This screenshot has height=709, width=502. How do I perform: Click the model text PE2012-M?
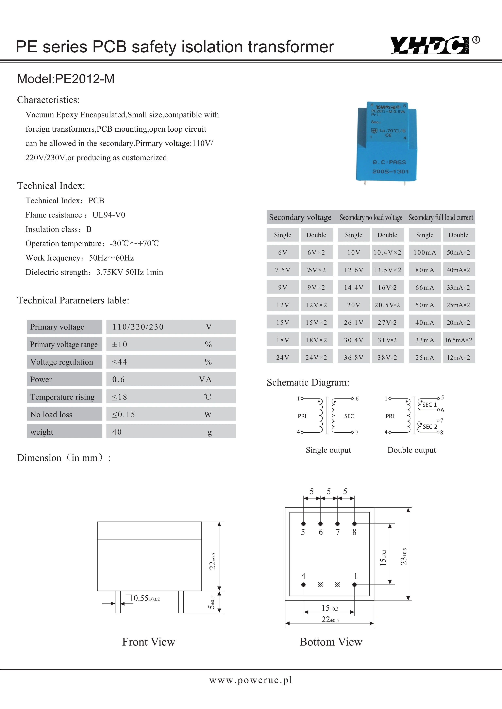tap(66, 79)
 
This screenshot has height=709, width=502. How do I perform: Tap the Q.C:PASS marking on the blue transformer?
tap(389, 162)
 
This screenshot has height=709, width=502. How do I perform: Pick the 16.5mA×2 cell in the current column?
tap(458, 340)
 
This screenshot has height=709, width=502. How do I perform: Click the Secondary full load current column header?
tap(441, 217)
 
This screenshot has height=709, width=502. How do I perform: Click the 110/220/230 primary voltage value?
tap(138, 327)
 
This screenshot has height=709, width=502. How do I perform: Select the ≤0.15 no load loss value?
tap(124, 414)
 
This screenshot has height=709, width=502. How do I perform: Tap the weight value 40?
tap(117, 432)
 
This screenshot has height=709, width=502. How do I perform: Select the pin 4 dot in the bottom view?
tap(304, 584)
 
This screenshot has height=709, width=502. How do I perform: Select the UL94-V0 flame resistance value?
tap(109, 215)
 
